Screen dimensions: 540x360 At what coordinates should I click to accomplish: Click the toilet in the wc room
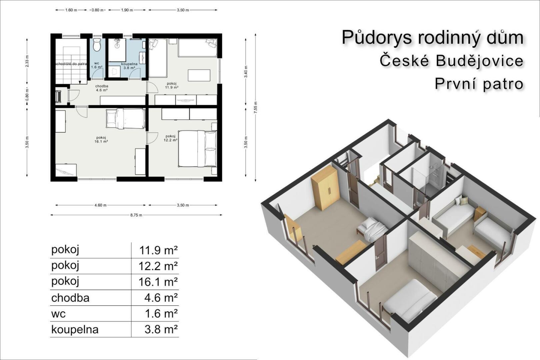point(97,45)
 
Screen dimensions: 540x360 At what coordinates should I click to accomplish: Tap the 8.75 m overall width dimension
point(136,215)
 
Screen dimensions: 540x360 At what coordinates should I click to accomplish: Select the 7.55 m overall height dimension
point(256,108)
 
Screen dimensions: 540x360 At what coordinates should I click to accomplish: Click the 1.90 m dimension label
point(127,10)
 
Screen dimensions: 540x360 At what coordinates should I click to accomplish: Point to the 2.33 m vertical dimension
point(27,61)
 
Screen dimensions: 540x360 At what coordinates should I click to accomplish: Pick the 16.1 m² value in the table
point(158,282)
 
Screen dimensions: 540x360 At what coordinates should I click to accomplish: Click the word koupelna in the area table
point(75,329)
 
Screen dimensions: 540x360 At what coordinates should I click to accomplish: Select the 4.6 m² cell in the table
point(161,298)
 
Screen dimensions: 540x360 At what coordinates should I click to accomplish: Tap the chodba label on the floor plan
point(102,86)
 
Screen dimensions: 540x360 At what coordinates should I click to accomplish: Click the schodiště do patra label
point(71,64)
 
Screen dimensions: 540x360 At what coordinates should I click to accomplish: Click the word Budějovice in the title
point(479,61)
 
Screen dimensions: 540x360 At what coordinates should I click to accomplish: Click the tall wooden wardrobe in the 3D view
point(325,188)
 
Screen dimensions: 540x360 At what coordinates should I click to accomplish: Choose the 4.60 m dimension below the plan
point(100,205)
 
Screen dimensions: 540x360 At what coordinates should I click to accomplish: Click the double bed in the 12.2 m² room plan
point(197,149)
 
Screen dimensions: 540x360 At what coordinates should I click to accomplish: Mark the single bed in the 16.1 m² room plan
point(126,118)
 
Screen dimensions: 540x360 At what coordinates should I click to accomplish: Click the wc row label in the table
point(58,314)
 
